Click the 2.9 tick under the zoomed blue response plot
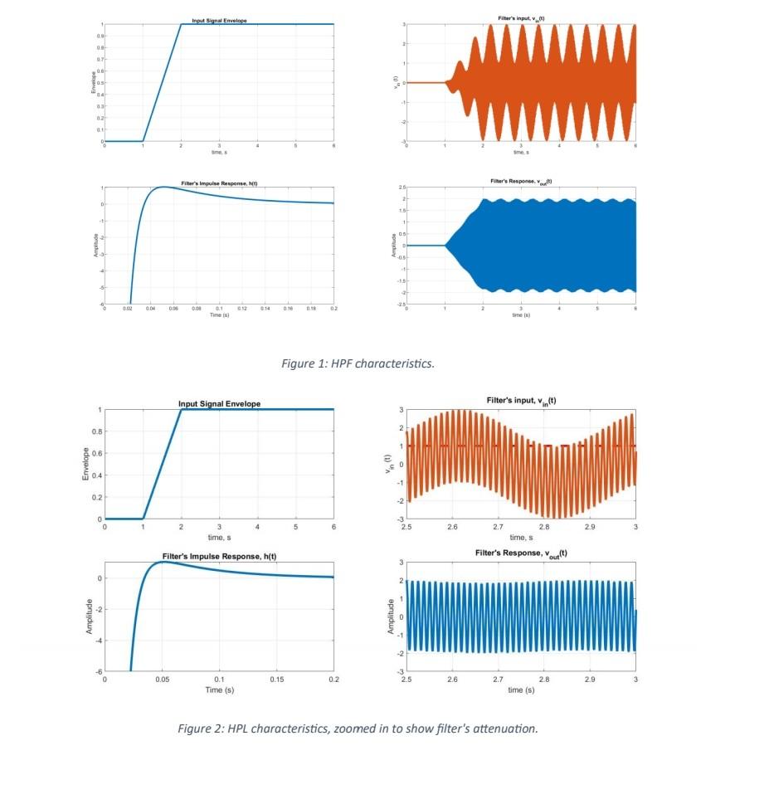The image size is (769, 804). point(590,680)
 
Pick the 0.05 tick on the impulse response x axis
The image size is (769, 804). point(162,680)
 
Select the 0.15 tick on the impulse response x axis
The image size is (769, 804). point(276,680)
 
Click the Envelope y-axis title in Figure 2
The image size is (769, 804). point(85,465)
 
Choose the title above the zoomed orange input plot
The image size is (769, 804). point(521,401)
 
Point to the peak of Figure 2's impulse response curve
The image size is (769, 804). point(163,562)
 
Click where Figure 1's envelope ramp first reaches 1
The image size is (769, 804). point(181,24)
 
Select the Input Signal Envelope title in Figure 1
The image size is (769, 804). point(219,19)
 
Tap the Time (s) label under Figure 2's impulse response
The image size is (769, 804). point(219,689)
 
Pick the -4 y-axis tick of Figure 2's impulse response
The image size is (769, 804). point(99,641)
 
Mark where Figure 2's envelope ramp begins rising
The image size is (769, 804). point(143,519)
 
